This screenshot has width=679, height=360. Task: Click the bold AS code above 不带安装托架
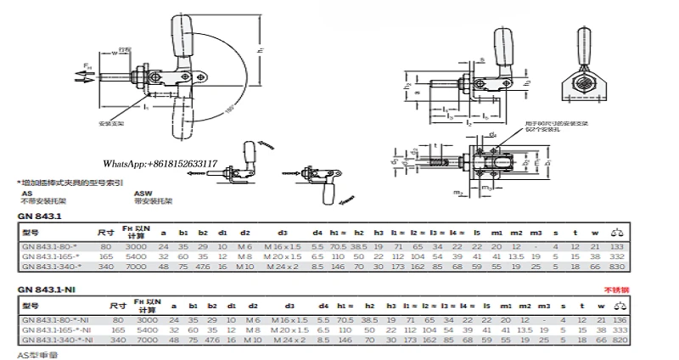pyautogui.click(x=25, y=194)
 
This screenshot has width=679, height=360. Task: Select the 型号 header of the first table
pyautogui.click(x=30, y=231)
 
